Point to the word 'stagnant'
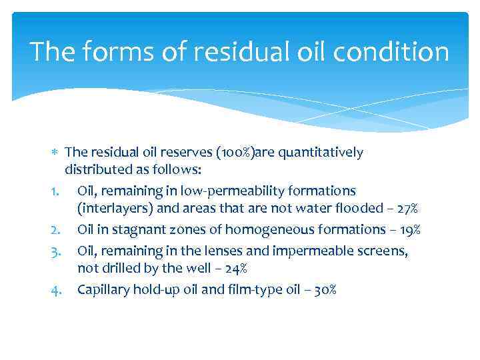point(131,230)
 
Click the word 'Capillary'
point(103,289)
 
